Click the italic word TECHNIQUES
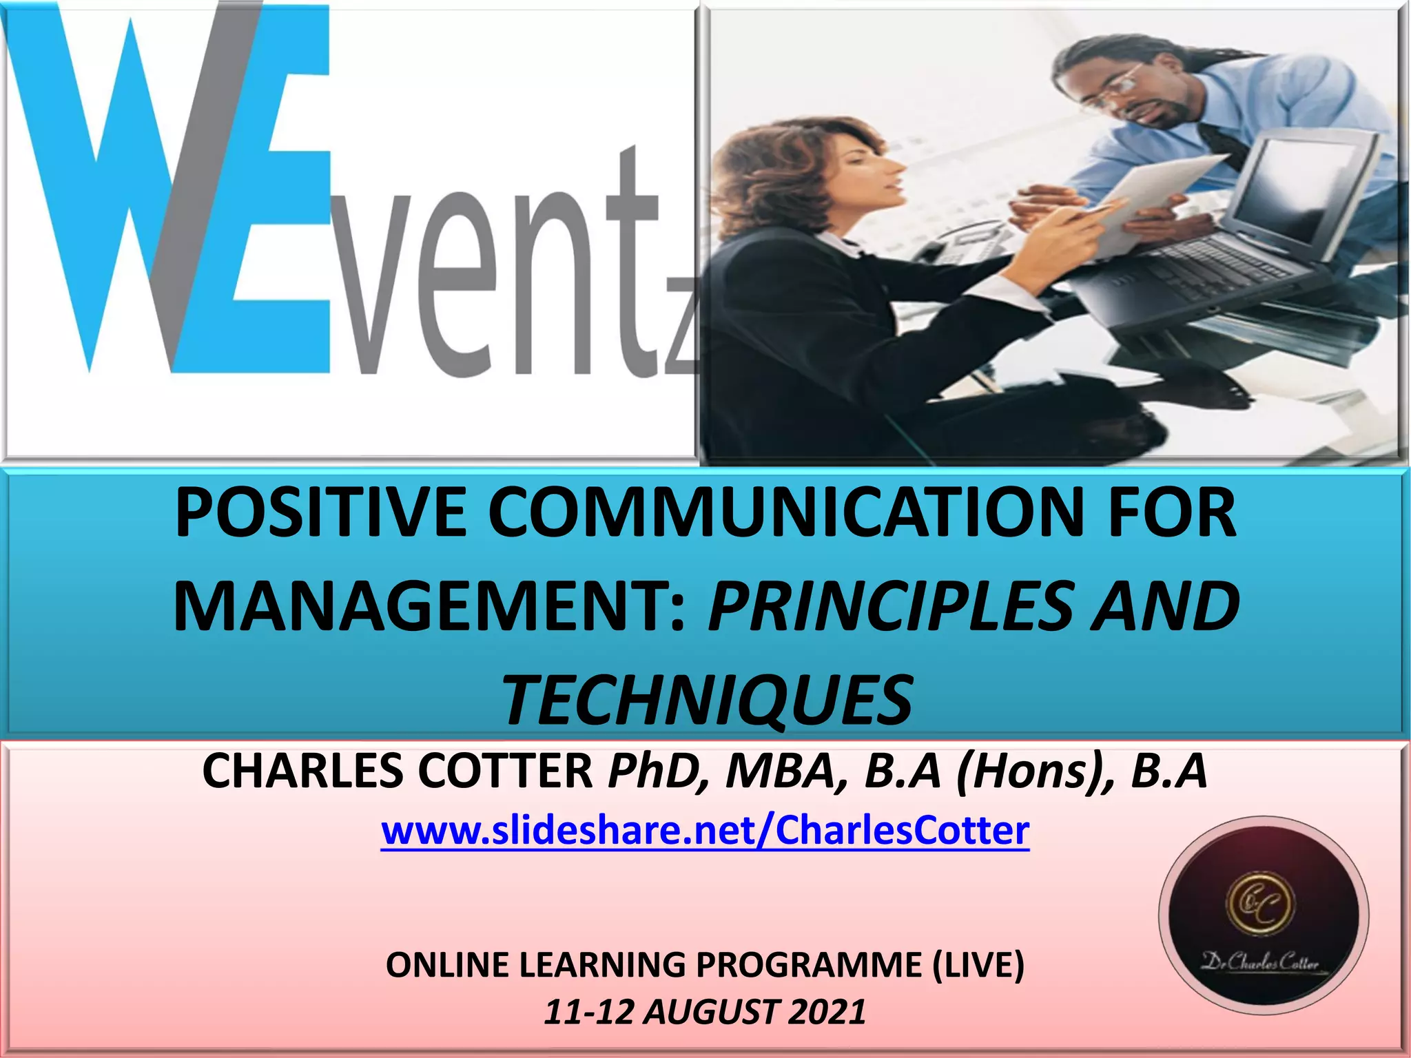(x=708, y=701)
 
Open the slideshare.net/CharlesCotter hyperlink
(x=705, y=831)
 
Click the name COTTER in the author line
(x=504, y=771)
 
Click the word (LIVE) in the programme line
(x=978, y=964)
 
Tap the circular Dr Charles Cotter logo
(x=1263, y=916)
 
